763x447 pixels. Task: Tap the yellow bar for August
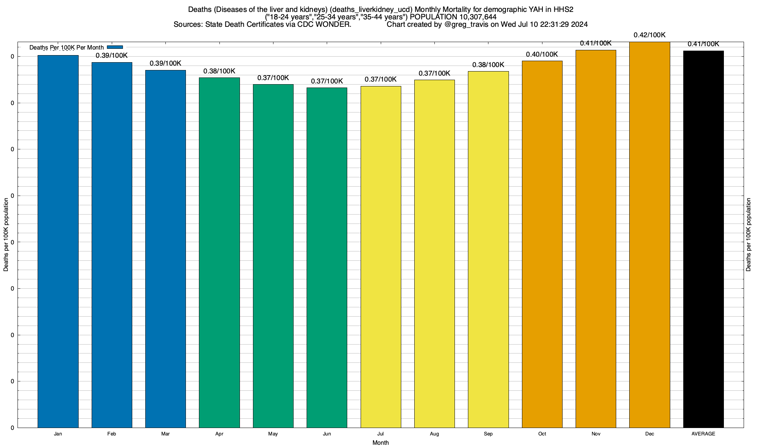[x=434, y=254]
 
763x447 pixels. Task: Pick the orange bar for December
[x=649, y=235]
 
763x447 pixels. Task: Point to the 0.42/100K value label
[x=649, y=35]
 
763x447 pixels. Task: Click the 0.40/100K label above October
[x=542, y=54]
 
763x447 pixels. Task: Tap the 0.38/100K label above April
[x=219, y=71]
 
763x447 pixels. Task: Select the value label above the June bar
[x=327, y=81]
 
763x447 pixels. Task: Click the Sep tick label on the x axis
[x=488, y=434]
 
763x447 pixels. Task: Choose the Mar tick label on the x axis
[x=165, y=434]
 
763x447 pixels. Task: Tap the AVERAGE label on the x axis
[x=703, y=434]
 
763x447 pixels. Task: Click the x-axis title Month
[x=380, y=443]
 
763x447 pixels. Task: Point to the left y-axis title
[x=6, y=235]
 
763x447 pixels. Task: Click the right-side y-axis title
[x=748, y=235]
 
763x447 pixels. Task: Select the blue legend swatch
[x=115, y=47]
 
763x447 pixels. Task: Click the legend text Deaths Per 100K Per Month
[x=66, y=47]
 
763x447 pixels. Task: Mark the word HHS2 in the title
[x=563, y=9]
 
